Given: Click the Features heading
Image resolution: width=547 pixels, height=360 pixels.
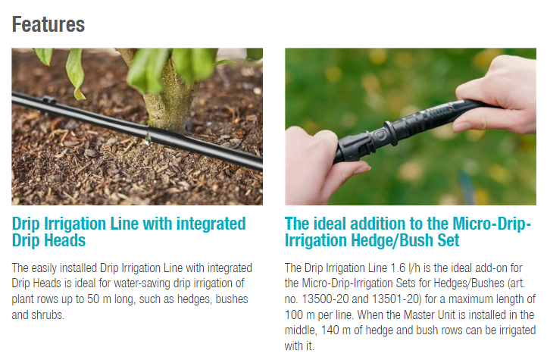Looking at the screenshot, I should pos(48,24).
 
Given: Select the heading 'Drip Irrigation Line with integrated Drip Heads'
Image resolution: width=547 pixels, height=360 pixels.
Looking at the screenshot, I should pos(129,232).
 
